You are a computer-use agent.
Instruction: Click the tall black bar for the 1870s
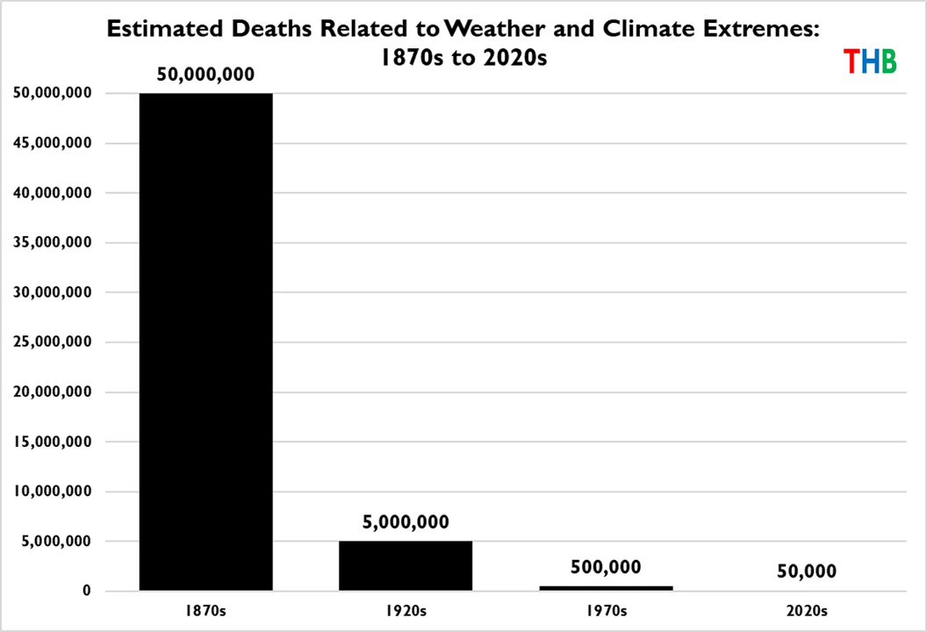coord(205,342)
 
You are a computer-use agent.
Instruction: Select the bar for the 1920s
coord(406,566)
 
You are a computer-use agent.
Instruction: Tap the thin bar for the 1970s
coord(606,588)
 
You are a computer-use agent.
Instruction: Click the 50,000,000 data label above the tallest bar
coord(205,75)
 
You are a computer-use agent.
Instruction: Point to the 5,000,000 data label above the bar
coord(406,522)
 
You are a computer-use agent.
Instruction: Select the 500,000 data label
coord(606,567)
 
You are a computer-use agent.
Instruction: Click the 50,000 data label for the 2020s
coord(806,571)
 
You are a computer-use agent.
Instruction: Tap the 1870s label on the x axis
coord(205,610)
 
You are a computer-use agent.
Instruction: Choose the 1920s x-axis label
coord(406,610)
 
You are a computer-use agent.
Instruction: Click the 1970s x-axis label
coord(606,610)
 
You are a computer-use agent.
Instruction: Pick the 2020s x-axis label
coord(806,610)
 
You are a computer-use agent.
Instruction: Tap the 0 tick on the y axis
coord(85,592)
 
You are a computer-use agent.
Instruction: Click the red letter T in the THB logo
coord(851,61)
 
